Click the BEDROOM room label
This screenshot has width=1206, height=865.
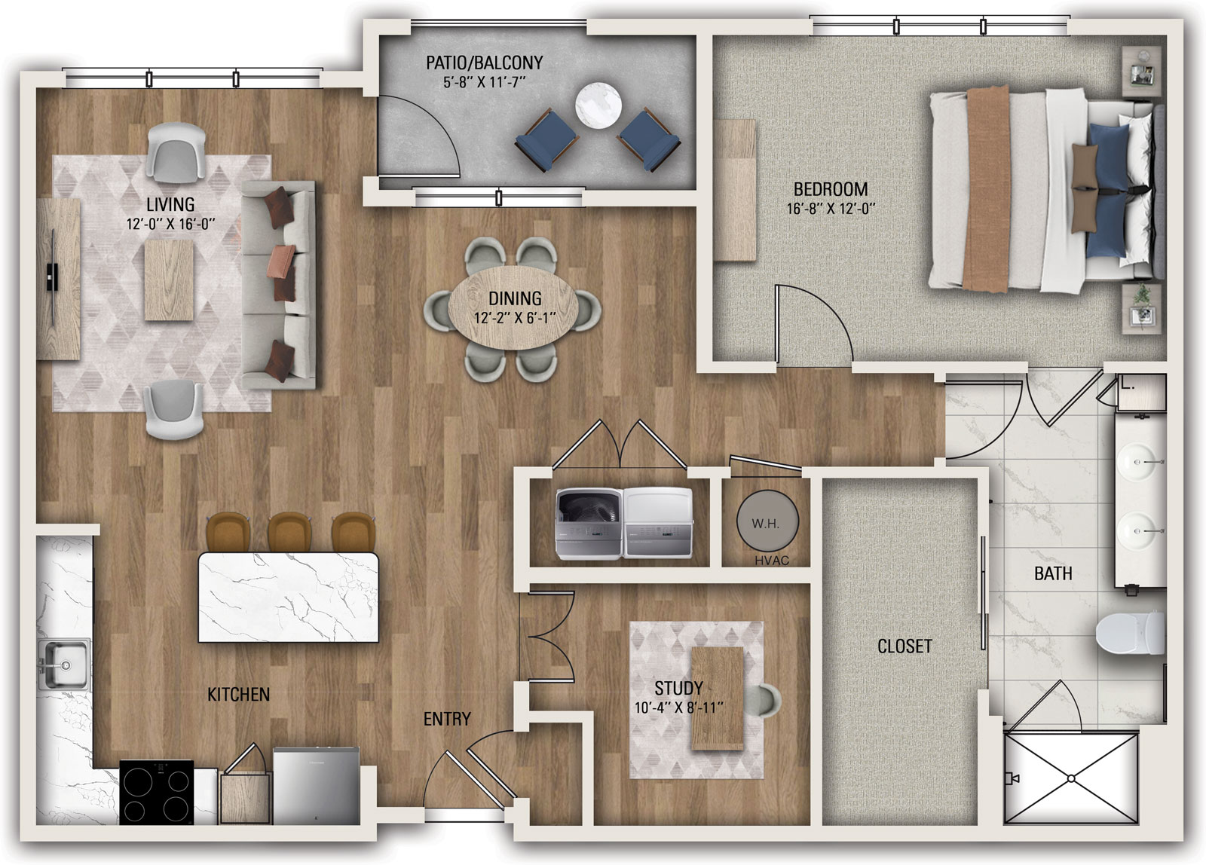[x=831, y=189]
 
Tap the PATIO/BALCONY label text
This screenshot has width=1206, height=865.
[x=485, y=63]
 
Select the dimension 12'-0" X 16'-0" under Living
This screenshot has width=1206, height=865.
[x=170, y=224]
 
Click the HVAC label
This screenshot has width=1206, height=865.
[x=772, y=561]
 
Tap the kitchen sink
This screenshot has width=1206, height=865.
[x=63, y=665]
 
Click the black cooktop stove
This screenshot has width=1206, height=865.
[x=156, y=792]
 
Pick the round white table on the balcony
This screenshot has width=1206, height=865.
[x=598, y=105]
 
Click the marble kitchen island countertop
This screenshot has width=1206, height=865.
[x=289, y=598]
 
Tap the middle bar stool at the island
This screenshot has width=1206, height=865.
[x=289, y=533]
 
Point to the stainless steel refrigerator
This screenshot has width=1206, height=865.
[x=317, y=785]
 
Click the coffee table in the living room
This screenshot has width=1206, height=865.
[x=169, y=280]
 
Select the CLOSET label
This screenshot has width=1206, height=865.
[x=904, y=646]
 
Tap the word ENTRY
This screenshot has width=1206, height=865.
[x=447, y=719]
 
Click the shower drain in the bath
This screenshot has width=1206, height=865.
[x=1071, y=778]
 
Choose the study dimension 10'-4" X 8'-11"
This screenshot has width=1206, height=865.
[x=679, y=708]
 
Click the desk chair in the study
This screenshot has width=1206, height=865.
[x=766, y=700]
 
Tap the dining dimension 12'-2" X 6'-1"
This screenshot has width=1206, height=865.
[x=515, y=318]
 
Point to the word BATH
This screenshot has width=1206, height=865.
[x=1053, y=574]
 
